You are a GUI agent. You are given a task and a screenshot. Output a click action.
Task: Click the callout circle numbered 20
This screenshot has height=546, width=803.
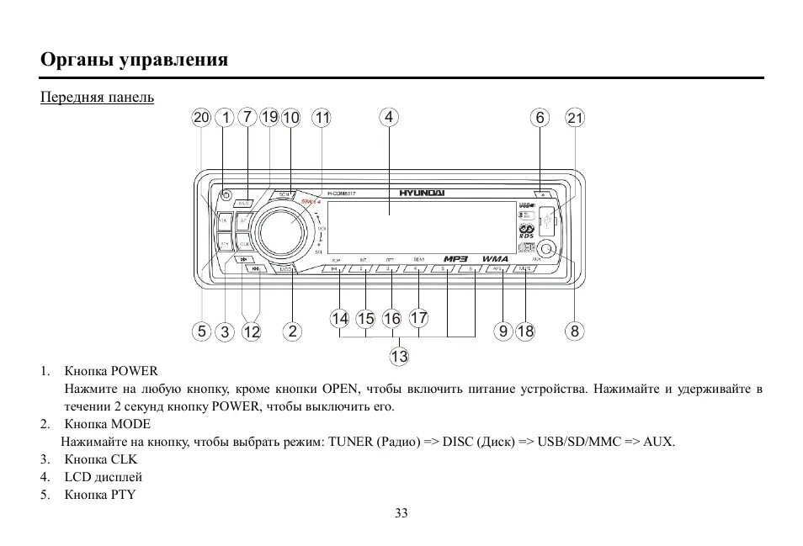click(200, 118)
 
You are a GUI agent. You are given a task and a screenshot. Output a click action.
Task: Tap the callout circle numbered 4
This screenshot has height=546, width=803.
click(389, 117)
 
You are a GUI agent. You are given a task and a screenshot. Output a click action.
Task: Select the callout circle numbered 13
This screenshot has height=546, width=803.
click(399, 357)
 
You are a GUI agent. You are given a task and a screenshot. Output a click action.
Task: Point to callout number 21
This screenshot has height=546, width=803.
click(575, 118)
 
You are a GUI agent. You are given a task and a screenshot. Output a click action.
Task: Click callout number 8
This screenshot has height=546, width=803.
click(575, 331)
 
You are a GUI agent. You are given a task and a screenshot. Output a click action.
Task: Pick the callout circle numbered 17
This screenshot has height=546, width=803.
click(418, 318)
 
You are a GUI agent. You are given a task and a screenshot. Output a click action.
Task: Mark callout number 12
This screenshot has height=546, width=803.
click(252, 332)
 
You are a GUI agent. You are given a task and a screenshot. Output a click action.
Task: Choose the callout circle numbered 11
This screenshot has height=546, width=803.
click(322, 118)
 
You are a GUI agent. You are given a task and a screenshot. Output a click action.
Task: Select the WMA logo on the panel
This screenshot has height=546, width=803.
click(495, 258)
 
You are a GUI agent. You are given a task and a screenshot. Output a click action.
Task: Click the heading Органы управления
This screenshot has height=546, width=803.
click(135, 60)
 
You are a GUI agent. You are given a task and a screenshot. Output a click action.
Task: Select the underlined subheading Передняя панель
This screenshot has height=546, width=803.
click(98, 98)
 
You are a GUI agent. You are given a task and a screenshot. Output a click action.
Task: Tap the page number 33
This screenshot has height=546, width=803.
click(401, 514)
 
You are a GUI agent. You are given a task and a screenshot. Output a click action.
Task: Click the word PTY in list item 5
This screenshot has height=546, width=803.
click(124, 494)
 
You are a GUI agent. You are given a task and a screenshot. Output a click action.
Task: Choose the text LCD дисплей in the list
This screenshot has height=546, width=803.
click(103, 477)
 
